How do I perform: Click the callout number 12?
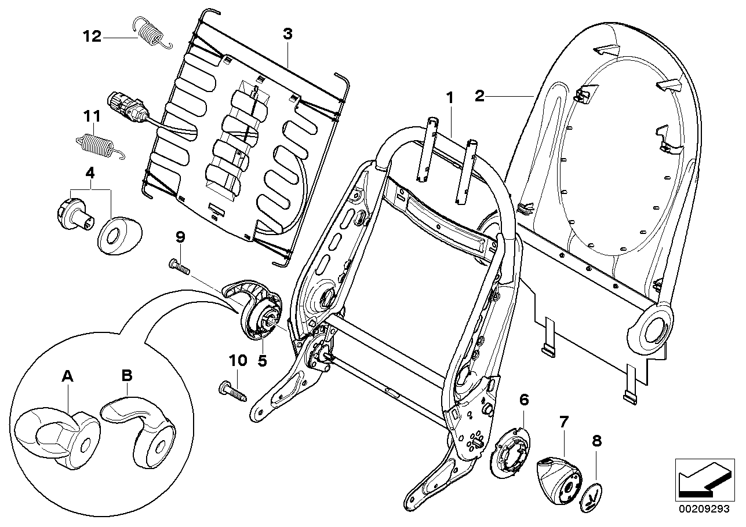click(x=91, y=37)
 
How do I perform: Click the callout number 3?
click(x=288, y=34)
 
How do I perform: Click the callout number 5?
click(x=261, y=361)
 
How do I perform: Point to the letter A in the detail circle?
click(x=68, y=376)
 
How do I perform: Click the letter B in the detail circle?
click(x=127, y=376)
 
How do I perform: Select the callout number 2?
click(x=479, y=96)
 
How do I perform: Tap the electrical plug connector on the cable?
click(x=127, y=107)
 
